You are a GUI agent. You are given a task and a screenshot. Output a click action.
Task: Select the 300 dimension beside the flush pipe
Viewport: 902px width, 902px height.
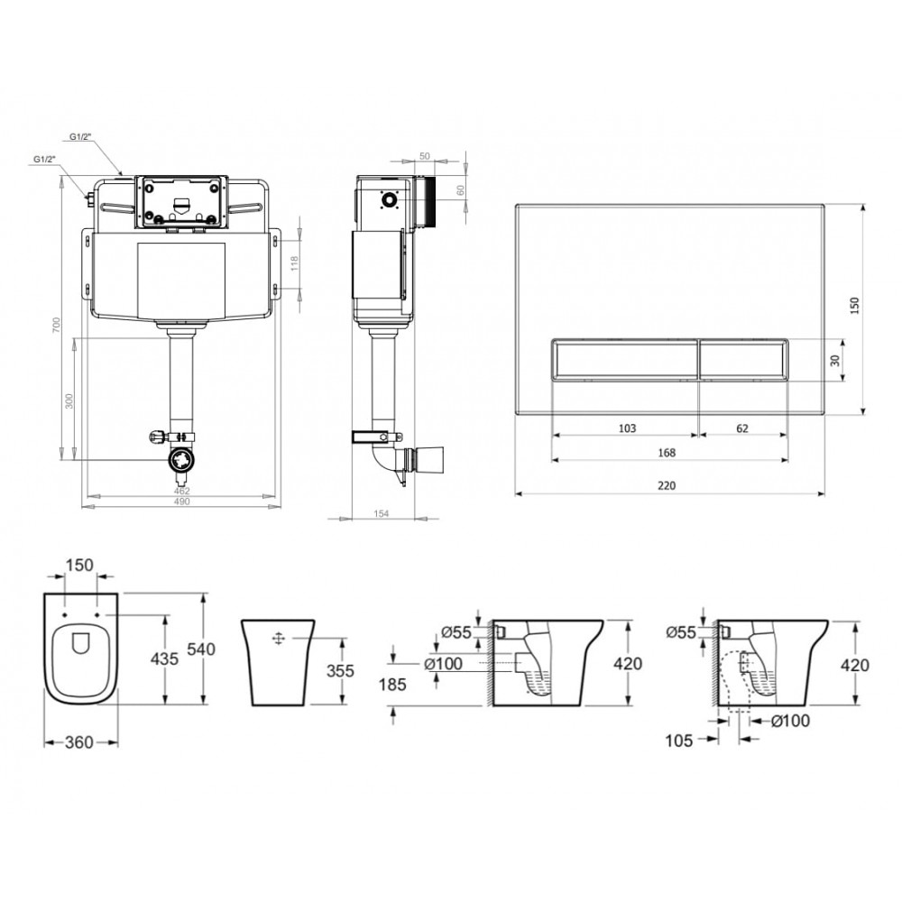coord(69,401)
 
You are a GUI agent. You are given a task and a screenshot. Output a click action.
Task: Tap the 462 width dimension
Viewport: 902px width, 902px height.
coord(181,492)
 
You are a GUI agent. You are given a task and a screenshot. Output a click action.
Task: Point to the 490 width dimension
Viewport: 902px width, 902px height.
coord(181,502)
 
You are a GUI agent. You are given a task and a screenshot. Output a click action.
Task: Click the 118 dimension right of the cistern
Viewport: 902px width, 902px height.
coord(295,263)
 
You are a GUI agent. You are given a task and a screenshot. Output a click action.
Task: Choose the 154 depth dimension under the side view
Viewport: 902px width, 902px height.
coord(381,514)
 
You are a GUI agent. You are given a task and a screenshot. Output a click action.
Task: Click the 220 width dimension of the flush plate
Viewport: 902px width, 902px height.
coord(667,485)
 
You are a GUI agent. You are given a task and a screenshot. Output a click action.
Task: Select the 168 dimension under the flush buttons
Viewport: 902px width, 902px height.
coord(667,453)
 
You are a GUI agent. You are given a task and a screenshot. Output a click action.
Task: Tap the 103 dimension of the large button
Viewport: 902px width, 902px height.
coord(627,428)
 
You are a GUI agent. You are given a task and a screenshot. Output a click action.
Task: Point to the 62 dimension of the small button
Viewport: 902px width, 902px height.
coord(742,428)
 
